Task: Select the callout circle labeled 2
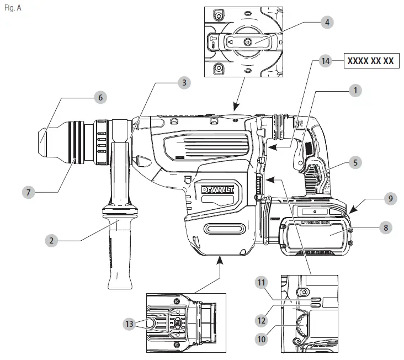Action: point(51,240)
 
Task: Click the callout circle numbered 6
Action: point(100,97)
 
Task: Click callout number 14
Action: point(327,62)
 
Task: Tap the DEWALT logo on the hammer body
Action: point(217,190)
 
